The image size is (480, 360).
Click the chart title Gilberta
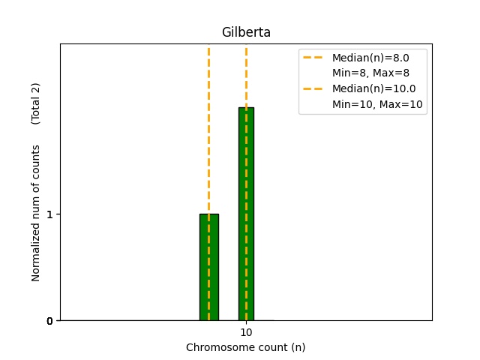coord(246,32)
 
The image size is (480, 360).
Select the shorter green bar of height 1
coord(209,267)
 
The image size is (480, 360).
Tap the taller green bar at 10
coord(246,214)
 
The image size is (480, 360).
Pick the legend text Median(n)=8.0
coord(370,58)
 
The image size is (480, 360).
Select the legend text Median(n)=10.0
coord(374,88)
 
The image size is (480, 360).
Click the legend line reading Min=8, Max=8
coord(370,73)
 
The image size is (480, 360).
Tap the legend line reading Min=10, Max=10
coord(377,104)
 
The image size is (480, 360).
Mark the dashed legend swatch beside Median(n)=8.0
coord(313,58)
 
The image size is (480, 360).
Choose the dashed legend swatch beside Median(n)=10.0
coord(313,88)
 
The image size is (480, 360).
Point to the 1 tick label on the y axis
coord(50,214)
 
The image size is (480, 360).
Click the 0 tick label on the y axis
coord(49,321)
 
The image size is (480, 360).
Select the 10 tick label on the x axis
coord(246,332)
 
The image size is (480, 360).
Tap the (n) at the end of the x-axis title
coord(298,347)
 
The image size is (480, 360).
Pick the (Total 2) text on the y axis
coord(35,103)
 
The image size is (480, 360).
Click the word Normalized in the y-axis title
coord(35,254)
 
